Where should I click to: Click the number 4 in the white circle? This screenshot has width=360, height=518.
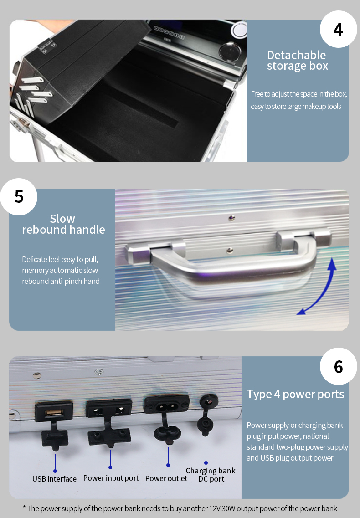[338, 30]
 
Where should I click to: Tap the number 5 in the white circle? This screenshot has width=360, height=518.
[19, 196]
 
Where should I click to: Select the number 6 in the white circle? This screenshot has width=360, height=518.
[338, 367]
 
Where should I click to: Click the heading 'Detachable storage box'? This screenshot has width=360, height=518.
[297, 60]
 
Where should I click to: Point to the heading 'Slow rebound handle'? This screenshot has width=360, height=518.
[63, 224]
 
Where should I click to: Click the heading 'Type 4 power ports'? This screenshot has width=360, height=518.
[295, 394]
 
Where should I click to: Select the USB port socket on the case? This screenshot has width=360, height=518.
[54, 412]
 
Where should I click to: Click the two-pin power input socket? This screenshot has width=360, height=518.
[109, 410]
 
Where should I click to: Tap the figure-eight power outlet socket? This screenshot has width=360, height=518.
[167, 405]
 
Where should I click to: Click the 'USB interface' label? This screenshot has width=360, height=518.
[54, 479]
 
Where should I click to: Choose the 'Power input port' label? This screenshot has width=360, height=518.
[111, 478]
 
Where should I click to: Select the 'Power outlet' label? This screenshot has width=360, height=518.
[166, 478]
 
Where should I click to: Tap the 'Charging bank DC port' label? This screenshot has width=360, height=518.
[211, 475]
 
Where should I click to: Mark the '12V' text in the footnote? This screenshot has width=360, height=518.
[215, 508]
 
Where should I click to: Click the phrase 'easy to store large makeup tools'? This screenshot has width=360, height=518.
[296, 106]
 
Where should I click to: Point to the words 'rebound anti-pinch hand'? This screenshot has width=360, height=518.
[61, 281]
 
